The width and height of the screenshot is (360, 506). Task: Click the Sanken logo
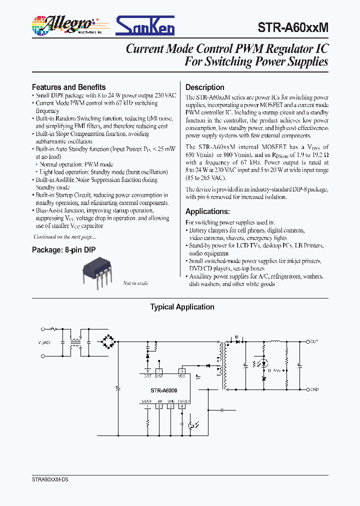(x=145, y=25)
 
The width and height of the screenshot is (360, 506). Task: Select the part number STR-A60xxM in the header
(x=294, y=28)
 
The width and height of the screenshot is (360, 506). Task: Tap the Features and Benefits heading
(x=69, y=87)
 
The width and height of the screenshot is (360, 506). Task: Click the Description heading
(x=205, y=87)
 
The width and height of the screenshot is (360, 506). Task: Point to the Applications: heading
(x=208, y=211)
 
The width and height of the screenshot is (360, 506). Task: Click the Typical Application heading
(x=182, y=307)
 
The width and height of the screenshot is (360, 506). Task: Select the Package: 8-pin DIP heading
(x=64, y=249)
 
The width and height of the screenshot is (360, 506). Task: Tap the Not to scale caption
(x=136, y=283)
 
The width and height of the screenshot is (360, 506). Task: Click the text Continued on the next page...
(x=64, y=236)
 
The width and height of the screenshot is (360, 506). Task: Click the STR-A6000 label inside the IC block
(x=164, y=390)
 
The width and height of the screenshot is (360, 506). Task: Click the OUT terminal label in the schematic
(x=314, y=341)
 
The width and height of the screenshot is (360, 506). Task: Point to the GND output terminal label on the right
(x=314, y=389)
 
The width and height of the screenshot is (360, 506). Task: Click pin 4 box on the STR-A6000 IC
(x=182, y=406)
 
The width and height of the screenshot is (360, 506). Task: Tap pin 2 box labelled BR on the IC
(x=159, y=406)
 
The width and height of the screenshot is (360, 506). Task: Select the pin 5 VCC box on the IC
(x=182, y=370)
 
